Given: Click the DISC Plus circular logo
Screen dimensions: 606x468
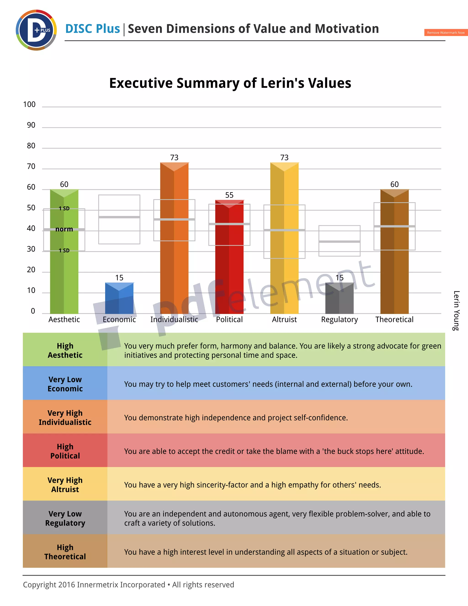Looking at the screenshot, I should pyautogui.click(x=36, y=30).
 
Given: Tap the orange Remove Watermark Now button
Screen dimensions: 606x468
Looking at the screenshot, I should pyautogui.click(x=446, y=32).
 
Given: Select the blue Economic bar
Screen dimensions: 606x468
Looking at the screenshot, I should pyautogui.click(x=119, y=298).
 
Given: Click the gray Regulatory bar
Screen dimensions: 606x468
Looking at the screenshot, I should pyautogui.click(x=339, y=298).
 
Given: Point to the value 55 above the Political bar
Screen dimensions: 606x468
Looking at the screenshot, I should pyautogui.click(x=229, y=195).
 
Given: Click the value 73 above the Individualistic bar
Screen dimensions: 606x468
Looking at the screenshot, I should pyautogui.click(x=174, y=158).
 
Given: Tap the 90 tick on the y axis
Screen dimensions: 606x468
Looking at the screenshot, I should pyautogui.click(x=31, y=125).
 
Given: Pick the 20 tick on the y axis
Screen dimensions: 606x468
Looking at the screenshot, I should pyautogui.click(x=31, y=270).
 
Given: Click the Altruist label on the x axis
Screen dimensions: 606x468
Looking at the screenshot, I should pyautogui.click(x=284, y=319).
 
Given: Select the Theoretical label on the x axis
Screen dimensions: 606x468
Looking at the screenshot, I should pyautogui.click(x=394, y=319).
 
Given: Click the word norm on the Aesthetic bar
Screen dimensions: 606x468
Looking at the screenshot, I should pyautogui.click(x=64, y=229).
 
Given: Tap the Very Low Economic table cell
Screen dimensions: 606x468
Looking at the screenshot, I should pyautogui.click(x=65, y=384).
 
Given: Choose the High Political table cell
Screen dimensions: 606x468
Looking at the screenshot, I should pyautogui.click(x=65, y=451).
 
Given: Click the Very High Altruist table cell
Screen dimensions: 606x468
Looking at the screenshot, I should pyautogui.click(x=65, y=485).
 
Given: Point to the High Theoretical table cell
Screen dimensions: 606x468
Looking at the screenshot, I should pyautogui.click(x=65, y=552).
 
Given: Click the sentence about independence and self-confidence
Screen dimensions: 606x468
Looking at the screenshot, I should pyautogui.click(x=236, y=418).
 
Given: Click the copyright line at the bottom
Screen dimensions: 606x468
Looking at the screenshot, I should pyautogui.click(x=128, y=585).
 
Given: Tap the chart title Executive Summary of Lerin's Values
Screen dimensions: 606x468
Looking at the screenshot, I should pyautogui.click(x=230, y=83).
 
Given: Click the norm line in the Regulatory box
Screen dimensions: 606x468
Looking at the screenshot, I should pyautogui.click(x=339, y=242).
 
